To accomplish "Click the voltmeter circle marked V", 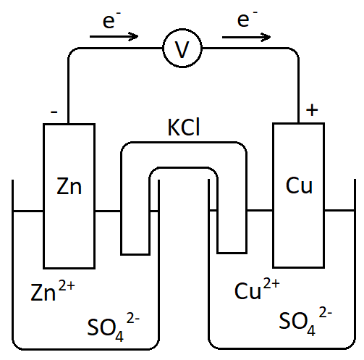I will pyautogui.click(x=182, y=50).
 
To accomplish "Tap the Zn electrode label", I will pyautogui.click(x=69, y=186).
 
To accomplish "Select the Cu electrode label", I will pyautogui.click(x=299, y=186).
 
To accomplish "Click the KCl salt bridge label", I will pyautogui.click(x=183, y=129).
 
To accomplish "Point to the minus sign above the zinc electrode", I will pyautogui.click(x=54, y=112).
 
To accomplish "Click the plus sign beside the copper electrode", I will pyautogui.click(x=312, y=110).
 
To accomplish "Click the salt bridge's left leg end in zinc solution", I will pyautogui.click(x=135, y=253).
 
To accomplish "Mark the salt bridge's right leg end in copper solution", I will pyautogui.click(x=232, y=253).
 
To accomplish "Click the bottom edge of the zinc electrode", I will pyautogui.click(x=69, y=267).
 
